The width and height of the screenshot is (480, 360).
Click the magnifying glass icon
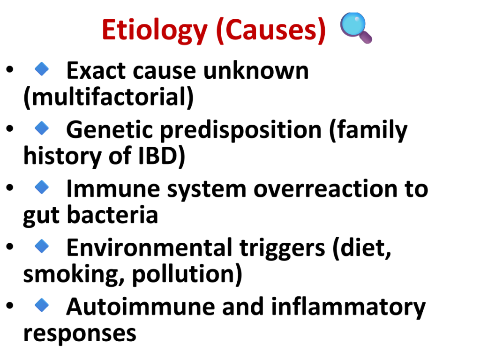356,28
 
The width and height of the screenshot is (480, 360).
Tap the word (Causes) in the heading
271,30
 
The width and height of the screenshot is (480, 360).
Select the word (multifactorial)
109,97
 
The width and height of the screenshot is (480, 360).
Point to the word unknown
255,71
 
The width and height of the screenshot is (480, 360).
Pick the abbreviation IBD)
162,156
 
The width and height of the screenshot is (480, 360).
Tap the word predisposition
241,131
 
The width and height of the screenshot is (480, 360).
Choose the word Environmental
150,247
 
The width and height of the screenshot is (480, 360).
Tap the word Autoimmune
141,307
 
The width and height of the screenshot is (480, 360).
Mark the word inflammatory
348,307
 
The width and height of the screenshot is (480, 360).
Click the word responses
80,334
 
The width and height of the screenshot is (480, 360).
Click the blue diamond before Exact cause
42,69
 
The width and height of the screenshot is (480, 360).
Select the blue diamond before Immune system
42,187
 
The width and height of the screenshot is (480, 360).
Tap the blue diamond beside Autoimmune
42,305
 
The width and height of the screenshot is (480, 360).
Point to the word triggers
282,248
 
